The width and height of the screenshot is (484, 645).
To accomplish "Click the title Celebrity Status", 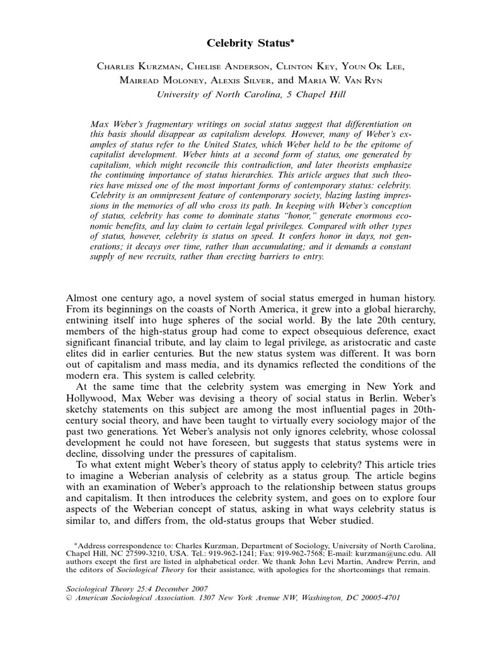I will (x=239, y=43).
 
